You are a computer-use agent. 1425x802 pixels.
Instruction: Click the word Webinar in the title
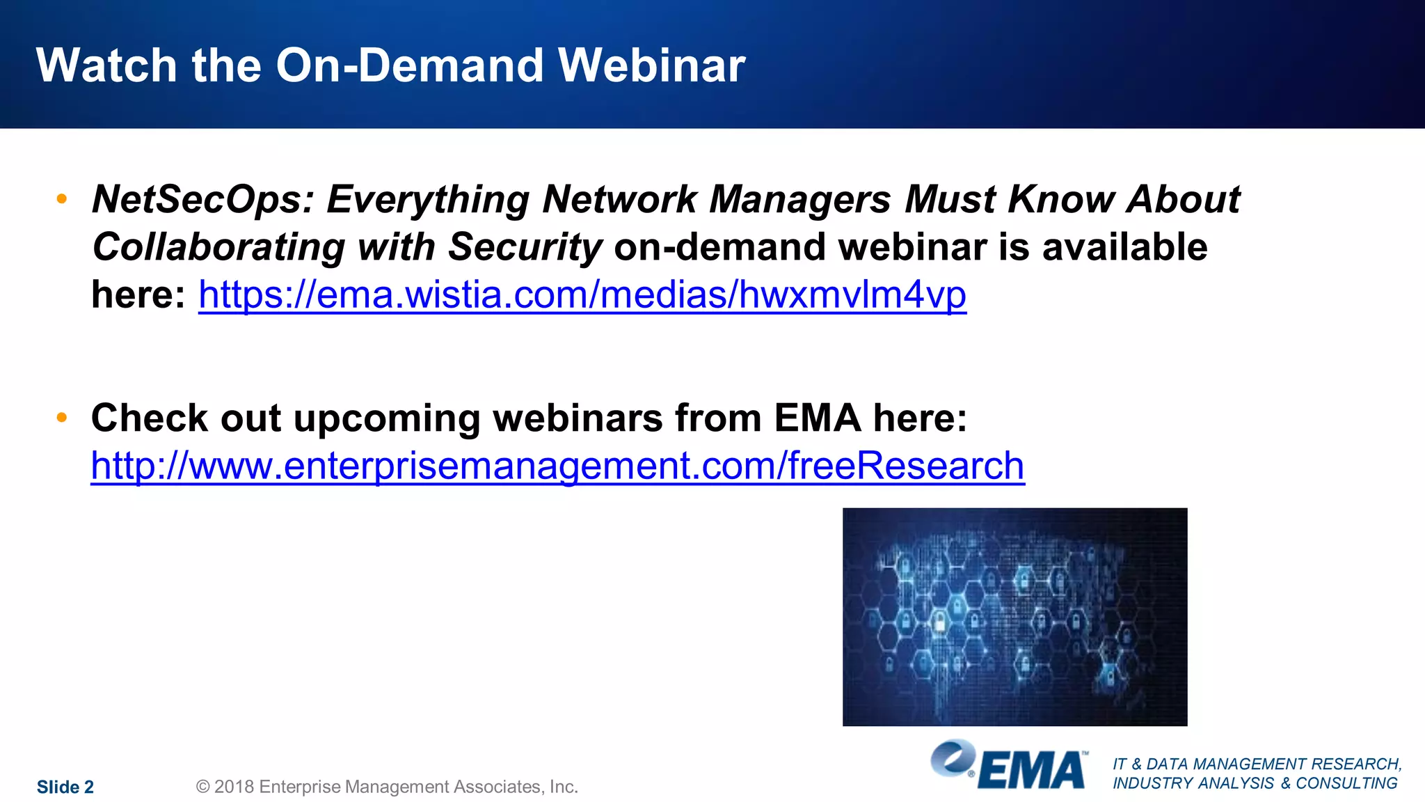click(651, 65)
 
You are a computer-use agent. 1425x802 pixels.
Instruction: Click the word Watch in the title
click(106, 65)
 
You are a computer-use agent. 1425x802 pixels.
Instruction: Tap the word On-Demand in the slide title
click(410, 65)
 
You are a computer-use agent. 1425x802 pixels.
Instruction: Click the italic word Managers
click(799, 200)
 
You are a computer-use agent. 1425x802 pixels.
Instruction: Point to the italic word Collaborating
click(218, 247)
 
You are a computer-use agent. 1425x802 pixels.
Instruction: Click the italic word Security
click(525, 247)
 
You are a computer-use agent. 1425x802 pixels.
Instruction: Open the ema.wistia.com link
click(582, 294)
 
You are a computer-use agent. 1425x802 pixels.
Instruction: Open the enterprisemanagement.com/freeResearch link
click(557, 466)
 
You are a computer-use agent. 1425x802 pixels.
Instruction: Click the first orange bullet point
click(62, 199)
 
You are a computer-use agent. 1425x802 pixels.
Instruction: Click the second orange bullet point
click(62, 418)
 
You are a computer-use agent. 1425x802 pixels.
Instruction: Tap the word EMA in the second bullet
click(817, 418)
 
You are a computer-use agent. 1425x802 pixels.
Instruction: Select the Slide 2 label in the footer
click(65, 787)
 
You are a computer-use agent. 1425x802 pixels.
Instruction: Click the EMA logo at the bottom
click(1009, 766)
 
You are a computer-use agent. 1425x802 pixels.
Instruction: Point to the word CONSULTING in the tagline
click(1346, 783)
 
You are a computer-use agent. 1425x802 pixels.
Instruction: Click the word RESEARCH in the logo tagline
click(1356, 764)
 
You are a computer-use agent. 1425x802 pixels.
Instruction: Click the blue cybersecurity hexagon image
click(1014, 617)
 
